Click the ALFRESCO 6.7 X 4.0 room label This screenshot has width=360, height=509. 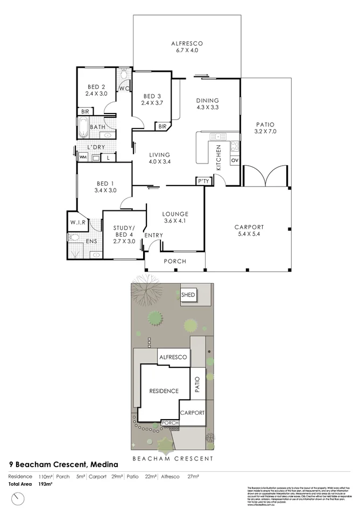click(186, 47)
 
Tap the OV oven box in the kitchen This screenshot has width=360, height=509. click(234, 160)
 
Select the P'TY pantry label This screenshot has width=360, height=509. click(203, 181)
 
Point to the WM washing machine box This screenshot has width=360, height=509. click(83, 157)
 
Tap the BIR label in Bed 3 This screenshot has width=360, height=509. click(162, 126)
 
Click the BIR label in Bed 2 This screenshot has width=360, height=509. click(84, 111)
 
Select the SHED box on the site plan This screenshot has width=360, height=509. click(188, 295)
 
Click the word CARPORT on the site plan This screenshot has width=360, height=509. click(193, 413)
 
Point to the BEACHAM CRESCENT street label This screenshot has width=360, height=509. click(172, 458)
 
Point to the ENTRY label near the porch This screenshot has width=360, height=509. click(153, 235)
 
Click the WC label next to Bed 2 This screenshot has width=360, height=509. click(124, 89)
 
